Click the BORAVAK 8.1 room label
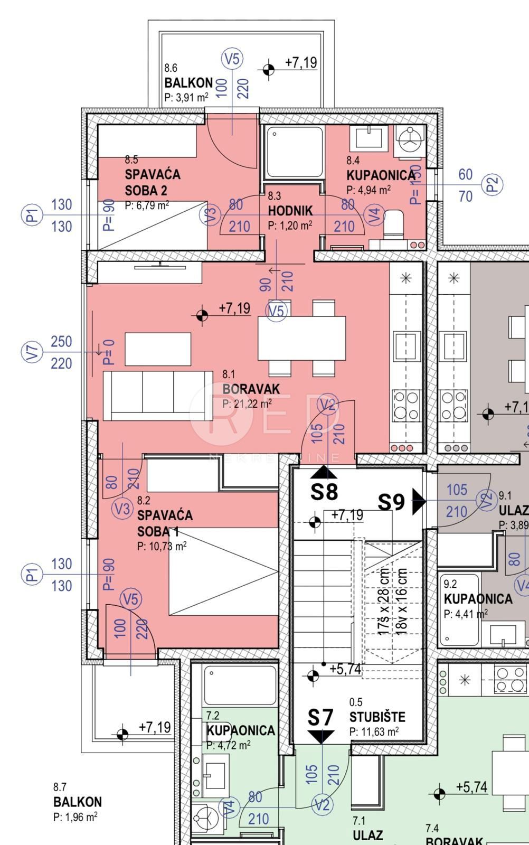[x=251, y=389]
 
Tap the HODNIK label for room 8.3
[x=290, y=211]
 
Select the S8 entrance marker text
[x=324, y=492]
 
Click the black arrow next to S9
[x=418, y=501]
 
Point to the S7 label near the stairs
[x=321, y=718]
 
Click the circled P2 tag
[x=492, y=185]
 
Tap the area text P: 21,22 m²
[x=247, y=403]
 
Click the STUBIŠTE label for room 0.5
[x=377, y=717]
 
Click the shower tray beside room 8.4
[x=294, y=152]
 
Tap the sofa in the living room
[x=157, y=395]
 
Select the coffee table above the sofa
[x=158, y=349]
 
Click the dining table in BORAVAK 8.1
[x=301, y=338]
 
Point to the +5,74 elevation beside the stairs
[x=345, y=669]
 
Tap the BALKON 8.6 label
[x=188, y=83]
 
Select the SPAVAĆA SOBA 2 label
[x=153, y=182]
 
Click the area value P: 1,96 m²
[x=75, y=817]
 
